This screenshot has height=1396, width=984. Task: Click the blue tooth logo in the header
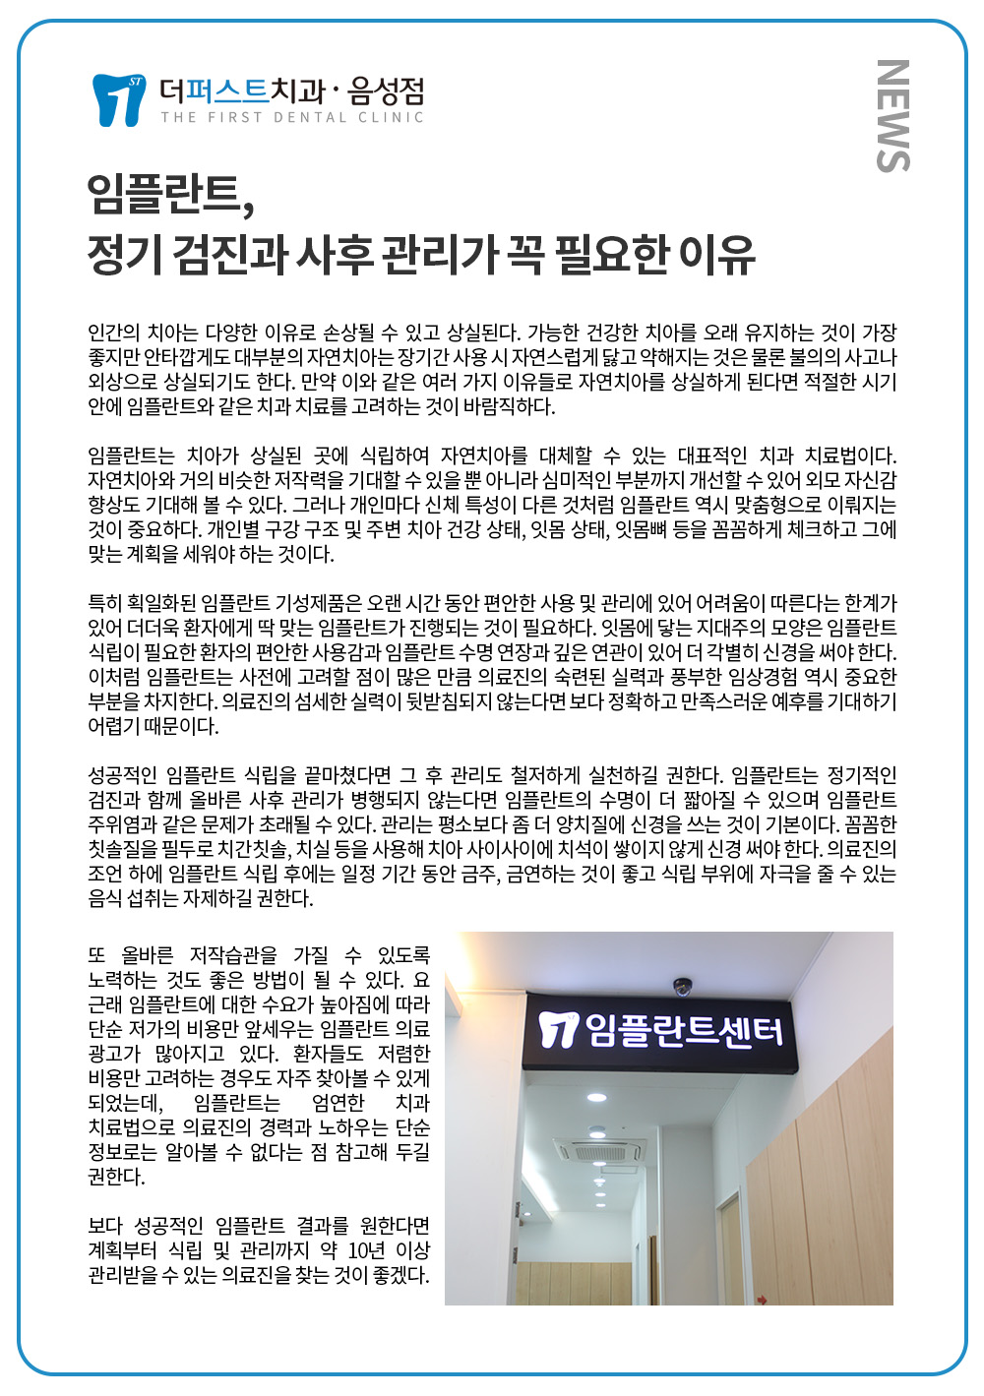[118, 99]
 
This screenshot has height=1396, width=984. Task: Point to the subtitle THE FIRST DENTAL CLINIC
[292, 118]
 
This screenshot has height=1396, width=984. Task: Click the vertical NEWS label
[892, 116]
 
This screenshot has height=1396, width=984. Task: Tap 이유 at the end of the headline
[717, 253]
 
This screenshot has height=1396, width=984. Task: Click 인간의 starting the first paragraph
[115, 333]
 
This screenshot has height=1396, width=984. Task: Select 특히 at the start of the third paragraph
[104, 603]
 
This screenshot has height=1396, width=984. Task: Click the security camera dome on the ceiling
[682, 985]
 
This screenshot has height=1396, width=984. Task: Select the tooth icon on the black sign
[558, 1029]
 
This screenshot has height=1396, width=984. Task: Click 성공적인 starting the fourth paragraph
[123, 775]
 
